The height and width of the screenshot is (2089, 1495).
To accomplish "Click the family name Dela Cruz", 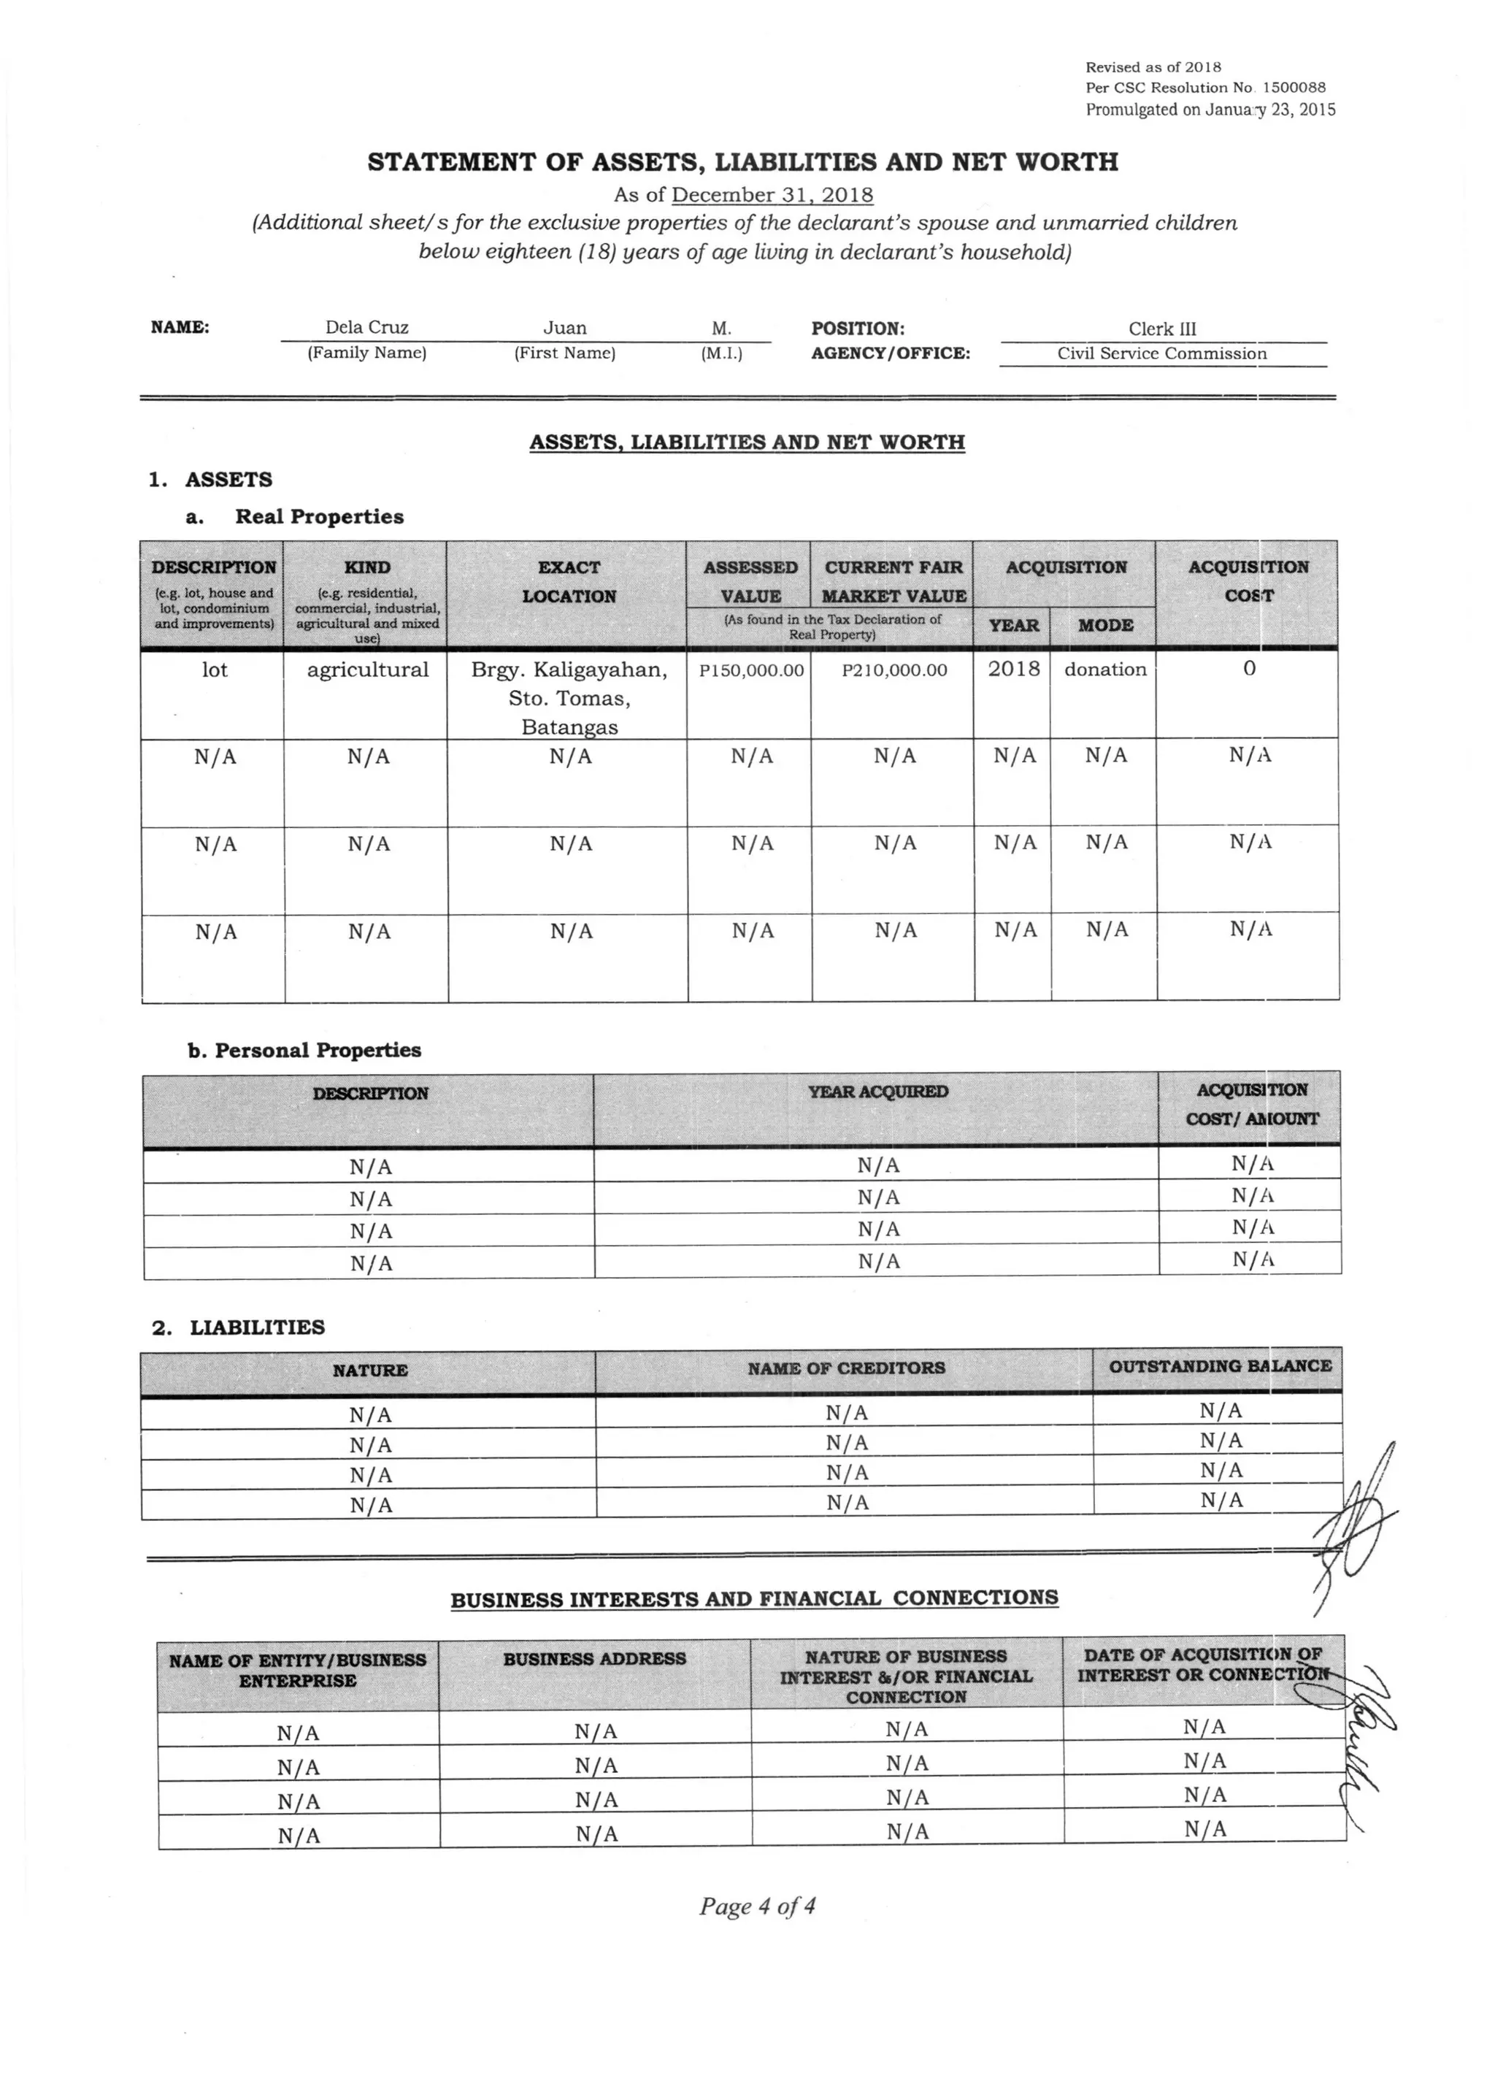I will tap(366, 328).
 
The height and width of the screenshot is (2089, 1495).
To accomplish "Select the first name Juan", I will tap(564, 328).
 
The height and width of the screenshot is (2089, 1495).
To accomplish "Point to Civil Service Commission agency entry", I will tap(1161, 353).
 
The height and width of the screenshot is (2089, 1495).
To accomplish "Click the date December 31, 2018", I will tap(772, 195).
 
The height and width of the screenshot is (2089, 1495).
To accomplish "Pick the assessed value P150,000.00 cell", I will tap(751, 670).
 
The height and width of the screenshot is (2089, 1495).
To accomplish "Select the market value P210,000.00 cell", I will tap(894, 670).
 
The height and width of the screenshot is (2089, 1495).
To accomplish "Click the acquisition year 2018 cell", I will tap(1013, 670).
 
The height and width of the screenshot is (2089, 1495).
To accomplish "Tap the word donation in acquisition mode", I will tap(1104, 670).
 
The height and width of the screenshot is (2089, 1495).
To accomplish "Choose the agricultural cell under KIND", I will tap(367, 670).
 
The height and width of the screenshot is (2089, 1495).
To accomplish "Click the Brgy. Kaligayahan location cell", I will tap(569, 697).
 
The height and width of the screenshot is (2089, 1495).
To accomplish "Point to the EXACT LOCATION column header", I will tap(569, 582).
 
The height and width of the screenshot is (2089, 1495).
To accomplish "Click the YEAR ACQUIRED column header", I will tap(877, 1092).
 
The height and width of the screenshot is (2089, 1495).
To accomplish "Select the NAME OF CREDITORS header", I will tap(846, 1368).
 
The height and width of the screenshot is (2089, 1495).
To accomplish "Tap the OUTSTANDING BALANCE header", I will tap(1219, 1366).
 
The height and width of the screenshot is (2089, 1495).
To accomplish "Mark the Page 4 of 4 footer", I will tap(757, 1906).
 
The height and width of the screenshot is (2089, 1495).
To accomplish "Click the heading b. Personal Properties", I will tap(304, 1051).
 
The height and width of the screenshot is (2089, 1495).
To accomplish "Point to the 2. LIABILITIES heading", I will tap(239, 1327).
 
